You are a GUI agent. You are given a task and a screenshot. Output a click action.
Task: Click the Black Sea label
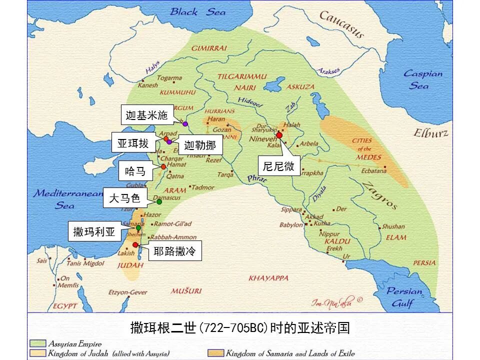(x=197, y=11)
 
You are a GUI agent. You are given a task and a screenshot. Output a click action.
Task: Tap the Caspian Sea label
(x=423, y=79)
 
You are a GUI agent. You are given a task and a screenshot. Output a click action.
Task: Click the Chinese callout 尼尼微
(x=278, y=166)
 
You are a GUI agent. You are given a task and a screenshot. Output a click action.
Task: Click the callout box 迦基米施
(x=146, y=115)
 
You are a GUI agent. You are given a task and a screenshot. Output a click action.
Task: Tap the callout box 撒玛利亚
(x=94, y=231)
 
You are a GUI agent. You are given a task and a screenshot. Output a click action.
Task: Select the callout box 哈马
(x=135, y=171)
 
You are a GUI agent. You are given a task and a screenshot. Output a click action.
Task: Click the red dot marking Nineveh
(x=279, y=135)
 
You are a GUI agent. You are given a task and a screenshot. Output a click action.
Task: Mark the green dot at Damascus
(x=159, y=201)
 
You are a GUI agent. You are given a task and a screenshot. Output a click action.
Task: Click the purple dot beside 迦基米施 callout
(x=185, y=123)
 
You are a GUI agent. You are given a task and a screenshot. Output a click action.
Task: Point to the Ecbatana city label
(x=374, y=170)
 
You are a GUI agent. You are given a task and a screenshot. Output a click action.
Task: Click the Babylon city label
(x=291, y=225)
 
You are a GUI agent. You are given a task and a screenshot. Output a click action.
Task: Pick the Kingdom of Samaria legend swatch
(x=215, y=353)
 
